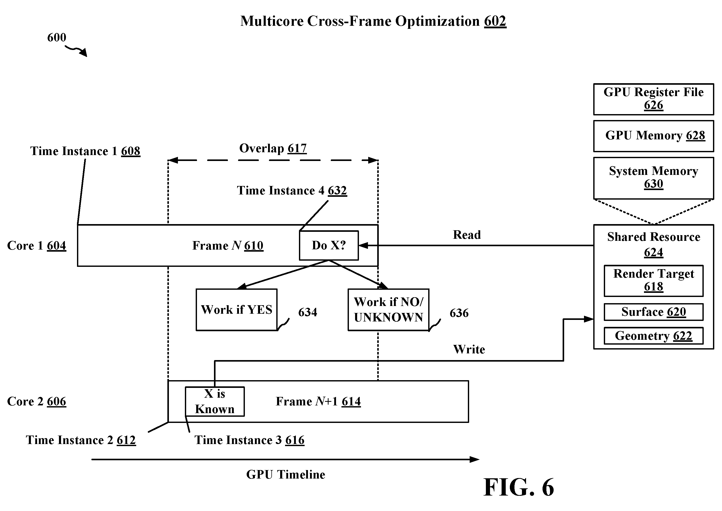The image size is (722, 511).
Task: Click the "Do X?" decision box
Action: coord(329,245)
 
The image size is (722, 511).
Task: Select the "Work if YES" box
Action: coord(237,310)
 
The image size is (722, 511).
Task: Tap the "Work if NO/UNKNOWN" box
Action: coord(388,310)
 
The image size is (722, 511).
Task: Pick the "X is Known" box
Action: coord(214,402)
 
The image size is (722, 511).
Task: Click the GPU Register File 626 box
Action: coord(654,99)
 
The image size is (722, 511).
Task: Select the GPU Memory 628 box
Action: coord(654,136)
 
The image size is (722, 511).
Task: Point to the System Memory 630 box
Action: coord(654,178)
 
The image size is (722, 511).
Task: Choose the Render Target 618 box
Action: coord(654,281)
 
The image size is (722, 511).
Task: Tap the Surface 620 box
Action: coord(654,312)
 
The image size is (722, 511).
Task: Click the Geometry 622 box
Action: coord(654,336)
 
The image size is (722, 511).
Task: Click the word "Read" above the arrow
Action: coord(467,235)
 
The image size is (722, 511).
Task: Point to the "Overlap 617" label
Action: coord(273,148)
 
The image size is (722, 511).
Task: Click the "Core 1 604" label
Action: coord(37,245)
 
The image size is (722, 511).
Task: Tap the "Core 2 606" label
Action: coord(37,402)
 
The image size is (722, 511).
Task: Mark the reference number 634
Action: coord(308,312)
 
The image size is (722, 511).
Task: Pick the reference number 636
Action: coord(459,313)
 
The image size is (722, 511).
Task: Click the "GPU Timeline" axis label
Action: coord(286,474)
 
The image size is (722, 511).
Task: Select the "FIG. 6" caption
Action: coord(519,487)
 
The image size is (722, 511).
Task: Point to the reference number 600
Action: coord(57,37)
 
